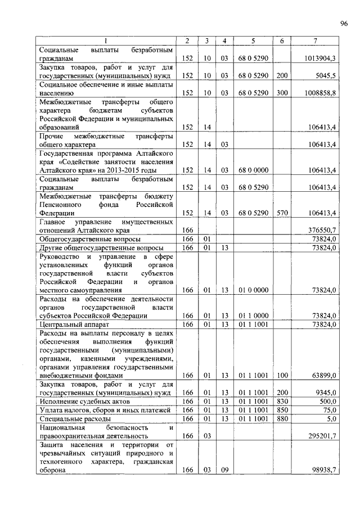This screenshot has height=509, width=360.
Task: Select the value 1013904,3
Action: click(317, 58)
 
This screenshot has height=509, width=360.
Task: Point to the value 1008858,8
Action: click(317, 92)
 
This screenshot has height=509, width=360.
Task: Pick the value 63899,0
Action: click(322, 375)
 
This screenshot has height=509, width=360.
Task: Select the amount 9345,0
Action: click(323, 393)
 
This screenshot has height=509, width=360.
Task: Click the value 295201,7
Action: click(319, 436)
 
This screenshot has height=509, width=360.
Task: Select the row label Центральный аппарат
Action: click(71, 325)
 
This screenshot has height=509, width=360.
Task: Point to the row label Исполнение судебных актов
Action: click(84, 402)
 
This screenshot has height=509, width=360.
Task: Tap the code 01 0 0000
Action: click(253, 290)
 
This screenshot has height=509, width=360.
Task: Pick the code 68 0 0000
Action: click(253, 170)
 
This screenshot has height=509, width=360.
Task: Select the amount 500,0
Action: click(327, 402)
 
